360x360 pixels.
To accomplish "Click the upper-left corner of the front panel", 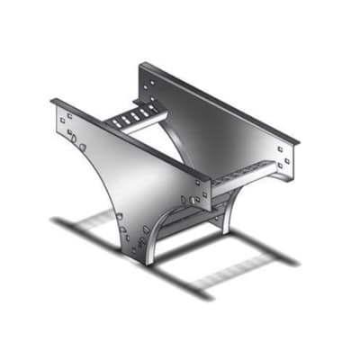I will click(52, 102).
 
